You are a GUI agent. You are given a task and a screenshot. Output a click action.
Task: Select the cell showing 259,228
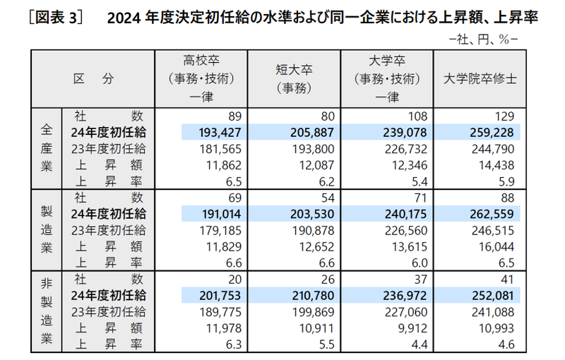pyautogui.click(x=497, y=132)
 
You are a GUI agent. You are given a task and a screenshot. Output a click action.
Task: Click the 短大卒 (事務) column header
pyautogui.click(x=295, y=79)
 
